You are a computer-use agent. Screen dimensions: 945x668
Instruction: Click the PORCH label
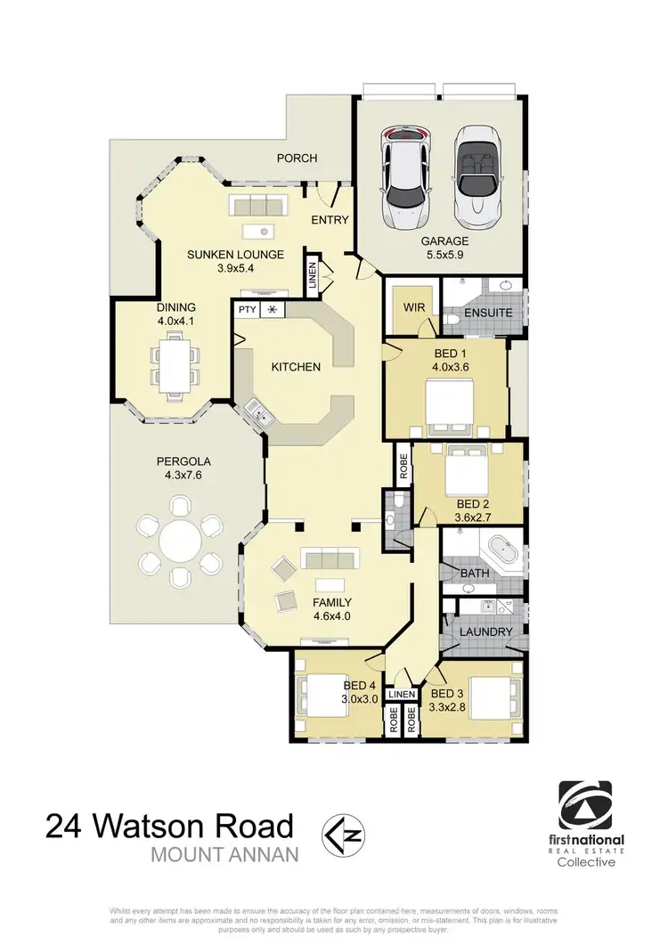coord(297,159)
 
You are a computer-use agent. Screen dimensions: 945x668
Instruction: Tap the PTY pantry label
coord(246,310)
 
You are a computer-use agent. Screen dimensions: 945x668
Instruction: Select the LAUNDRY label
coord(486,632)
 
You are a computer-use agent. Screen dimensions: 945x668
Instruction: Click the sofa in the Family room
coord(329,559)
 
